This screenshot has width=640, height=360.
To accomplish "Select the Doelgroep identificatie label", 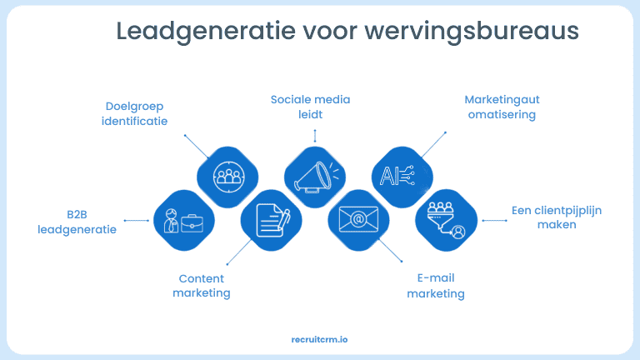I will (134, 113).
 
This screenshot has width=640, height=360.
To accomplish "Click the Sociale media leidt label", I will (310, 107).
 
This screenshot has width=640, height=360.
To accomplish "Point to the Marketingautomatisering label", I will (502, 107).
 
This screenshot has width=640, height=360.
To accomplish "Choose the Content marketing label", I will (202, 286).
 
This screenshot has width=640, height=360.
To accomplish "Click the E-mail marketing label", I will (436, 286).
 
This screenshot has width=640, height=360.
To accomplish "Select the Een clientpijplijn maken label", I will (557, 217).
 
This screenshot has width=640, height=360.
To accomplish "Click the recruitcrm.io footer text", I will (320, 340).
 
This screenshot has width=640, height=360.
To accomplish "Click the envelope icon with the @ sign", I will (358, 220).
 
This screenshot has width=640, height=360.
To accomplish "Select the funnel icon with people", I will (447, 220).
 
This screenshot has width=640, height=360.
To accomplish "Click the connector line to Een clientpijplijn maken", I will (493, 221).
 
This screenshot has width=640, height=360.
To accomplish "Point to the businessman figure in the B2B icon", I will (171, 221).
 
